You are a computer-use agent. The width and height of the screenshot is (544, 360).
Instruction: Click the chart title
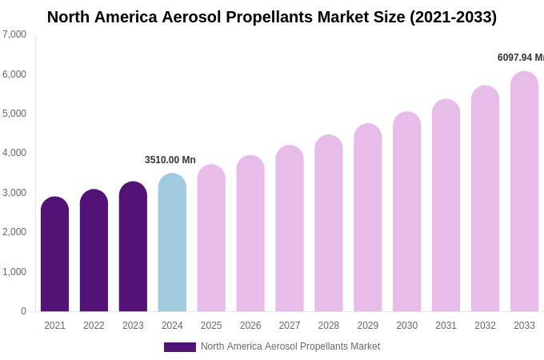[x=272, y=17]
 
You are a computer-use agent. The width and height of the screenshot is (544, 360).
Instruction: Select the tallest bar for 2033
[x=524, y=192]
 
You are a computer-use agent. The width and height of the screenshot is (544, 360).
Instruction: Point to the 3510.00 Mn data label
[x=170, y=160]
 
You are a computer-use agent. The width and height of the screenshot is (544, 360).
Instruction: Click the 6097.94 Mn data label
[x=520, y=58]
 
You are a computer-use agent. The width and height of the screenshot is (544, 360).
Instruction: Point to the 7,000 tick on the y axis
[x=14, y=34]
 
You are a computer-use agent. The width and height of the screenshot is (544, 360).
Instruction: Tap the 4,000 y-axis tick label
[x=14, y=153]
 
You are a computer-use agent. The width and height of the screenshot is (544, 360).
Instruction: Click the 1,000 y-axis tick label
[x=14, y=272]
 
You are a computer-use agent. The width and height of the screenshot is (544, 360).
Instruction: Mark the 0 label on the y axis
[x=23, y=311]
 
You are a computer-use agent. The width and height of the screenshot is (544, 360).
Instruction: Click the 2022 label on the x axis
[x=94, y=326]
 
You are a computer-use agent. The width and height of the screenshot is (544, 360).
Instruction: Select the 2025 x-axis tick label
[x=211, y=326]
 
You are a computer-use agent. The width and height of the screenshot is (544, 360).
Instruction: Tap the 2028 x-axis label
[x=329, y=326]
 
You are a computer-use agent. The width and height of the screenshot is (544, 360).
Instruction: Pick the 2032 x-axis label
[x=485, y=326]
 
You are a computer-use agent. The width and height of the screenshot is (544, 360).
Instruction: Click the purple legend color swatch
[x=179, y=347]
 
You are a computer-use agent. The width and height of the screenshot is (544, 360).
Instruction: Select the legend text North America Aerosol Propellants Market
[x=290, y=346]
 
